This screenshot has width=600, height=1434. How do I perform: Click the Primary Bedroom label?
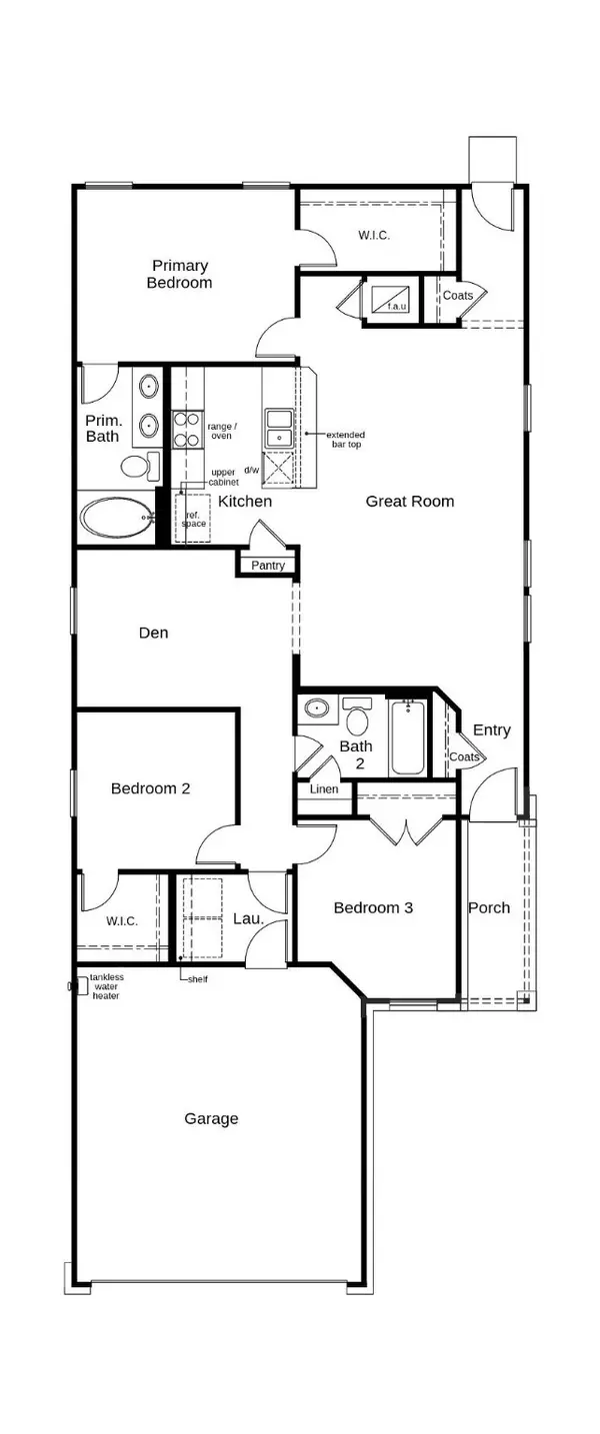click(x=181, y=274)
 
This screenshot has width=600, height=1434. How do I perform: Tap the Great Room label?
click(x=410, y=501)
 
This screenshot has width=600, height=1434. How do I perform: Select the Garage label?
click(x=211, y=1118)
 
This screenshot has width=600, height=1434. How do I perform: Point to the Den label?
click(x=153, y=633)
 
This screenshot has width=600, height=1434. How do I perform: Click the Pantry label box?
click(x=268, y=566)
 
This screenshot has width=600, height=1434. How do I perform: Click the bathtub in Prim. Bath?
click(x=116, y=519)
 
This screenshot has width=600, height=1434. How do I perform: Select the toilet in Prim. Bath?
click(x=139, y=465)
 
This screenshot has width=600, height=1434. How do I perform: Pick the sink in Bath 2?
click(x=317, y=709)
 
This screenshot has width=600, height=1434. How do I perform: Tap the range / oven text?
click(x=220, y=431)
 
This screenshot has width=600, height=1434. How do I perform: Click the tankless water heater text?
click(x=107, y=986)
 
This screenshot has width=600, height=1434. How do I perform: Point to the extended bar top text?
click(x=343, y=440)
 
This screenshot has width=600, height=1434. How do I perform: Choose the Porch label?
click(x=489, y=907)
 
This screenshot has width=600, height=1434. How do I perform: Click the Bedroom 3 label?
click(x=373, y=907)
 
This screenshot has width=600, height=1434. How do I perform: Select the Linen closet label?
click(x=323, y=789)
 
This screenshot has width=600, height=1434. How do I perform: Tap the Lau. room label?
click(x=247, y=917)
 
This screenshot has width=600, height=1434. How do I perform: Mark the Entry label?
click(x=491, y=730)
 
